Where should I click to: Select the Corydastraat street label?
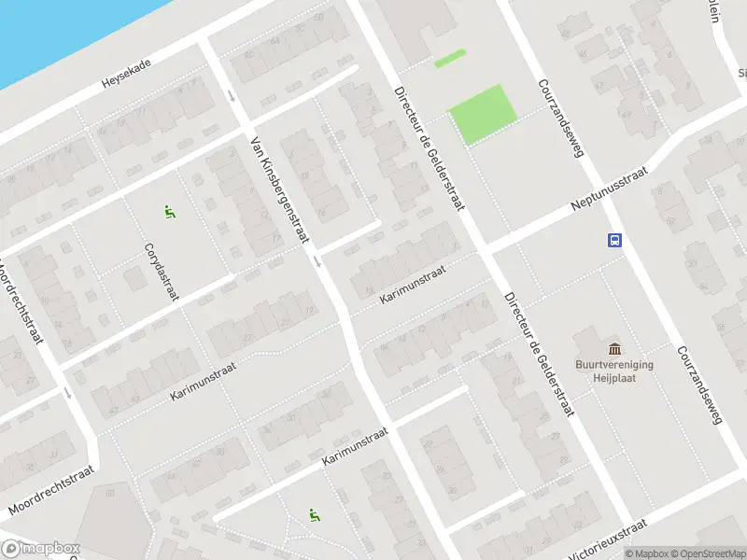[161, 272]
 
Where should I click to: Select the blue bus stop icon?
[615, 240]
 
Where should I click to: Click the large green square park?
[483, 114]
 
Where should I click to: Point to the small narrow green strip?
[449, 58]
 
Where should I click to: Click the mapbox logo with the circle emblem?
[40, 549]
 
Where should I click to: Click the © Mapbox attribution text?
[646, 553]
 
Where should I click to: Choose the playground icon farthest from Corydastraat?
[315, 514]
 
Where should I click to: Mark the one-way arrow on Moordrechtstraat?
[68, 393]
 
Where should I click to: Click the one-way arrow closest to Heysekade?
[232, 94]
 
